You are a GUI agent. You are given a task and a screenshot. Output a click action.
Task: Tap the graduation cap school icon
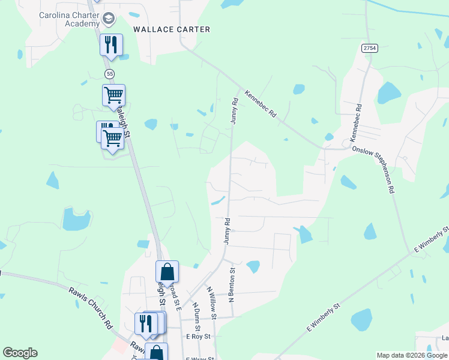pyautogui.click(x=108, y=19)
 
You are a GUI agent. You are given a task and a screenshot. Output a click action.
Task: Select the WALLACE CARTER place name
pyautogui.click(x=172, y=29)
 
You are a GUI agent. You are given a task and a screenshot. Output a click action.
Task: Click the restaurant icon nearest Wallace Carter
pyautogui.click(x=111, y=44)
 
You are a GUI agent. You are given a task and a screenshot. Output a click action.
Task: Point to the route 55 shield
pyautogui.click(x=109, y=74)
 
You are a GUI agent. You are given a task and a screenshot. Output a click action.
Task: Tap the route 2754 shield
pyautogui.click(x=369, y=49)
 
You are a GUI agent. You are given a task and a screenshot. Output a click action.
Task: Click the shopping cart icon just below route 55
pyautogui.click(x=113, y=95)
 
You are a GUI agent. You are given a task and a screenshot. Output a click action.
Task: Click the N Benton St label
pyautogui.click(x=232, y=286)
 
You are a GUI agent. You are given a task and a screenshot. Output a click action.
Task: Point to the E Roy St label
pyautogui.click(x=198, y=337)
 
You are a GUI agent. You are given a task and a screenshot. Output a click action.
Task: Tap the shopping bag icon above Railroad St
pyautogui.click(x=167, y=272)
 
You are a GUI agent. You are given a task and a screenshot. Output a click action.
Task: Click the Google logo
pyautogui.click(x=20, y=353)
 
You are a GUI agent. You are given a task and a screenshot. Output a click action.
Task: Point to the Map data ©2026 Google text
pyautogui.click(x=411, y=356)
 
